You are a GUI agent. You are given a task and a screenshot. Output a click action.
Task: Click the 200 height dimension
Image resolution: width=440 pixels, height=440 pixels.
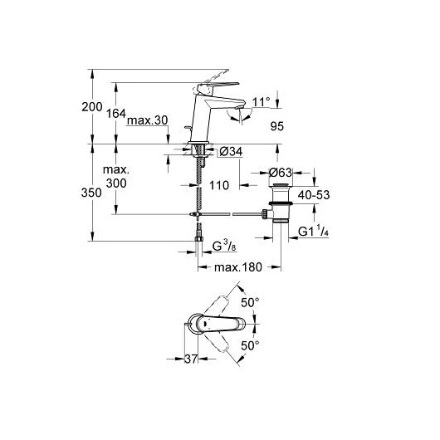pyautogui.click(x=92, y=107)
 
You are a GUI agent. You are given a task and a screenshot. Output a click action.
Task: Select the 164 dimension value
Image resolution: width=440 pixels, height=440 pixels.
pyautogui.click(x=116, y=114)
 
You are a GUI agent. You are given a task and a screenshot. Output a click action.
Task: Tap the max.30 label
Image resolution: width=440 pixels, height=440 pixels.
pyautogui.click(x=147, y=120)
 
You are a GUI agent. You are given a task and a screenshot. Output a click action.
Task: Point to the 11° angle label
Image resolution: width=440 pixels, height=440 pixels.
pyautogui.click(x=261, y=102)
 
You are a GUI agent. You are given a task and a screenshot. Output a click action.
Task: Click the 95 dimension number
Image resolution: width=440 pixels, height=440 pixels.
pyautogui.click(x=277, y=126)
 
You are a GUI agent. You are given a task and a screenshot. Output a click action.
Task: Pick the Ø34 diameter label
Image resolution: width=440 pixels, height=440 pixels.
pyautogui.click(x=231, y=152)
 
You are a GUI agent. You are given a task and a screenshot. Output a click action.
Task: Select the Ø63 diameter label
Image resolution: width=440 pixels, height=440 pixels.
pyautogui.click(x=281, y=173)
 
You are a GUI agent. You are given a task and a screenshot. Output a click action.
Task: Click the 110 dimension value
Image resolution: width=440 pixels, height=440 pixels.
pyautogui.click(x=219, y=185)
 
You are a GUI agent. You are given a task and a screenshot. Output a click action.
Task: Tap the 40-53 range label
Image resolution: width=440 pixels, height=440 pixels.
pyautogui.click(x=314, y=195)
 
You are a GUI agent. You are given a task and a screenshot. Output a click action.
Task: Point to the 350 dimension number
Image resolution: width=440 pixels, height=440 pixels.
pyautogui.click(x=91, y=193)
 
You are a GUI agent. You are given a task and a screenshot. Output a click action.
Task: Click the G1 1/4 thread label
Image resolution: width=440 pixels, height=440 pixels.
pyautogui.click(x=313, y=231)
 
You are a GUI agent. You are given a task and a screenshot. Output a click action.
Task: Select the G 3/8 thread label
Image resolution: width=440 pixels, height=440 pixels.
pyautogui.click(x=224, y=247)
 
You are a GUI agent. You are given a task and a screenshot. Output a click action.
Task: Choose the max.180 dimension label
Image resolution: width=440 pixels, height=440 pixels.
pyautogui.click(x=238, y=267)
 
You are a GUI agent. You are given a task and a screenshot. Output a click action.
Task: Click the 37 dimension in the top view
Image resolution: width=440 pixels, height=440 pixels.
pyautogui.click(x=191, y=359)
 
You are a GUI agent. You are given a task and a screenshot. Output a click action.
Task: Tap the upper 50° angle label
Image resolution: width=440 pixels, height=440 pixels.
pyautogui.click(x=250, y=302)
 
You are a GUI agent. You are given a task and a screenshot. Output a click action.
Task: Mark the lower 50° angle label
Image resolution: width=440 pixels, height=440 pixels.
pyautogui.click(x=250, y=345)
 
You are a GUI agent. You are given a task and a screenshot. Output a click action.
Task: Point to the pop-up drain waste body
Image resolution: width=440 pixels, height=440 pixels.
pyautogui.click(x=281, y=203)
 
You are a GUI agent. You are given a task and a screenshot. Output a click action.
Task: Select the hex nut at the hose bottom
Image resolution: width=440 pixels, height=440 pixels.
pyautogui.click(x=198, y=239)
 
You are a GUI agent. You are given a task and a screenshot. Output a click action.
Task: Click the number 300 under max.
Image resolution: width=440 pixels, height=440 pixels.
pyautogui.click(x=116, y=183)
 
